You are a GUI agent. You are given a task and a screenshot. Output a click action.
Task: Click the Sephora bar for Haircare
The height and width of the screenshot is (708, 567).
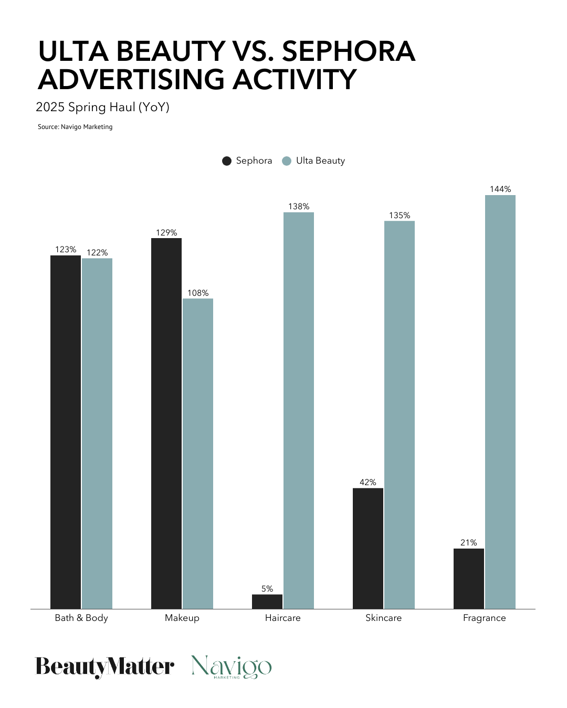(x=267, y=602)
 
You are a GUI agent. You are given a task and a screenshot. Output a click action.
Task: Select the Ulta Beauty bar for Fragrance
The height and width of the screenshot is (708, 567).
(x=500, y=402)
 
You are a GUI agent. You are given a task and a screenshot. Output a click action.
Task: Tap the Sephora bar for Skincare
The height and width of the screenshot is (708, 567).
(x=368, y=548)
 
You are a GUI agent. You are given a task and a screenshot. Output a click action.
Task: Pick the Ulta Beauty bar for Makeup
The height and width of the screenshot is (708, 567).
(x=198, y=454)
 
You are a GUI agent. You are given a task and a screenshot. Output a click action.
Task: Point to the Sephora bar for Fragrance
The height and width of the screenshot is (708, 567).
(x=469, y=578)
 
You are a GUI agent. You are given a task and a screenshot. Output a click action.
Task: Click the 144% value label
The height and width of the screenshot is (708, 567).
(x=500, y=189)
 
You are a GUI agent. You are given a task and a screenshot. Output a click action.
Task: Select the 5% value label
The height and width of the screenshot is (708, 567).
(x=267, y=589)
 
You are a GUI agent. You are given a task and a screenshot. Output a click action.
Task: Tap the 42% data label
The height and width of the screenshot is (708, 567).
(x=368, y=482)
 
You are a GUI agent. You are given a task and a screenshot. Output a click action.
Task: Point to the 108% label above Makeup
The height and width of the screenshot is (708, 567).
(x=198, y=293)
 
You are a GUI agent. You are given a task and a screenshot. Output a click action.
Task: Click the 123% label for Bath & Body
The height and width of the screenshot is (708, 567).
(x=66, y=250)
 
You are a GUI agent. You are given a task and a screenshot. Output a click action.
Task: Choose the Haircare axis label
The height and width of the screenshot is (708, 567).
(x=282, y=618)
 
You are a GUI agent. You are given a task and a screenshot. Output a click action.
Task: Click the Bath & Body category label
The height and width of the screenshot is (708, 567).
(x=81, y=618)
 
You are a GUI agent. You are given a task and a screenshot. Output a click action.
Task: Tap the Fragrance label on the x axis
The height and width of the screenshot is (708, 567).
(x=484, y=618)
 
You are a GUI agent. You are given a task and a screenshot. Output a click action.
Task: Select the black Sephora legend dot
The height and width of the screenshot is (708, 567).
(x=227, y=161)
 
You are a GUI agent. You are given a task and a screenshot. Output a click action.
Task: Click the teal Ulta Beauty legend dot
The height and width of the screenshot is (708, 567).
(x=287, y=161)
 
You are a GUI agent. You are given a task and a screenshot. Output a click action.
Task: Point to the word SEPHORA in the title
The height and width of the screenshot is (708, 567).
(x=349, y=52)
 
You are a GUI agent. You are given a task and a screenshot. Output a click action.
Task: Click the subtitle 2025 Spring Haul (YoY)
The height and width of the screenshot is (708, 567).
(x=102, y=108)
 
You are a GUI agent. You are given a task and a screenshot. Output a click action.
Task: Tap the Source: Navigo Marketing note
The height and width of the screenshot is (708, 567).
(x=75, y=127)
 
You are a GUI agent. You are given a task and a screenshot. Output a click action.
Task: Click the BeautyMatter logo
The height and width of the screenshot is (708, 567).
(x=104, y=667)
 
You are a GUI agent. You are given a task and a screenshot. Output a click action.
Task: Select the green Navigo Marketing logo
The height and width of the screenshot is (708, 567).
(x=232, y=667)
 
